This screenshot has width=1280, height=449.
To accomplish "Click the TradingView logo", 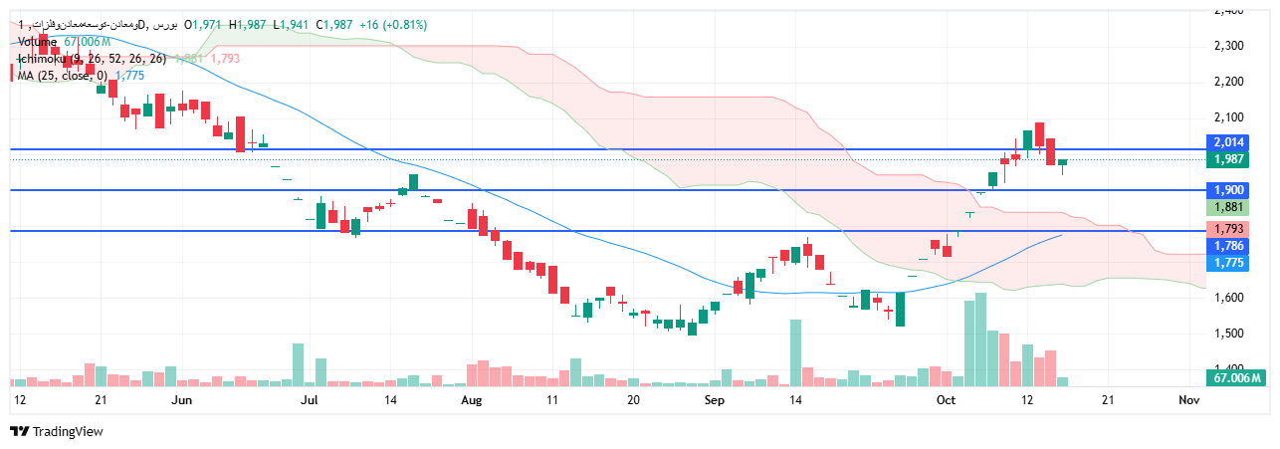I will click(x=57, y=431).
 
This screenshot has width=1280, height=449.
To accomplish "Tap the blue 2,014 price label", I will click(x=1229, y=143).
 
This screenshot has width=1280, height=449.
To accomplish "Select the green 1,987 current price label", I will click(x=1229, y=159).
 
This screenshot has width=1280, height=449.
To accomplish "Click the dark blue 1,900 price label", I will click(x=1229, y=190).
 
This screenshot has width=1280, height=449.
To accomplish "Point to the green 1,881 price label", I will click(x=1229, y=207).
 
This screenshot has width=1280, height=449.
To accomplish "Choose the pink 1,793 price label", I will click(x=1229, y=229).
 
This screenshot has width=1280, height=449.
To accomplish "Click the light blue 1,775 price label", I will click(x=1229, y=263).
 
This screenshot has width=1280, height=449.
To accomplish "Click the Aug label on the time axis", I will click(x=471, y=399).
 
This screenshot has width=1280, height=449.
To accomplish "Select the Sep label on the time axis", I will click(x=714, y=399).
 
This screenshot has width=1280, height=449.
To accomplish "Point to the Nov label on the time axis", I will click(x=1188, y=399).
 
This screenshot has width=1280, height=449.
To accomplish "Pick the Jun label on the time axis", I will click(x=181, y=399).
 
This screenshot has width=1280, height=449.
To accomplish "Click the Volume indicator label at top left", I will click(x=38, y=42).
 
